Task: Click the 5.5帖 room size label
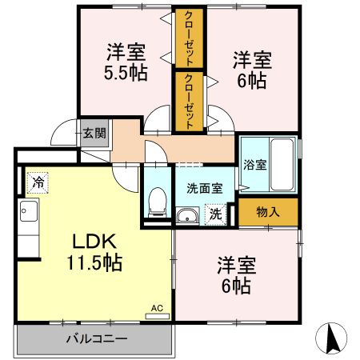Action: (126, 73)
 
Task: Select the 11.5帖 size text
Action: (95, 263)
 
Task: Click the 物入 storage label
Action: (267, 212)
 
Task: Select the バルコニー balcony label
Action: (95, 339)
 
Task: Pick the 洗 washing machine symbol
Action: (214, 214)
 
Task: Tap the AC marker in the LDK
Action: (157, 309)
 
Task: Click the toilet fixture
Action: (158, 201)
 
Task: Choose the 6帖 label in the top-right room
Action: (252, 70)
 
